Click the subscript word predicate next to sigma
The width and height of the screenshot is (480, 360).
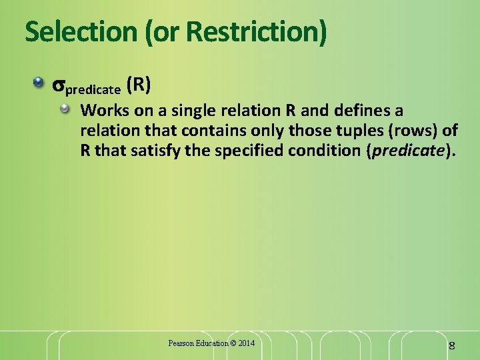pos(93,89)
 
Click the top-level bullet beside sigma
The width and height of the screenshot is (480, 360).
pos(41,85)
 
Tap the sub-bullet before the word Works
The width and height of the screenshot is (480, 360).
pos(65,108)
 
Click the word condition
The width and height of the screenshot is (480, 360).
pos(323,150)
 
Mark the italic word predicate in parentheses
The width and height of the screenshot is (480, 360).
pos(407,150)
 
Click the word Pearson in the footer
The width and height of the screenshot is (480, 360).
pos(181,343)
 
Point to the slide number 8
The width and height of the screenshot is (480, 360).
pos(451,345)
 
